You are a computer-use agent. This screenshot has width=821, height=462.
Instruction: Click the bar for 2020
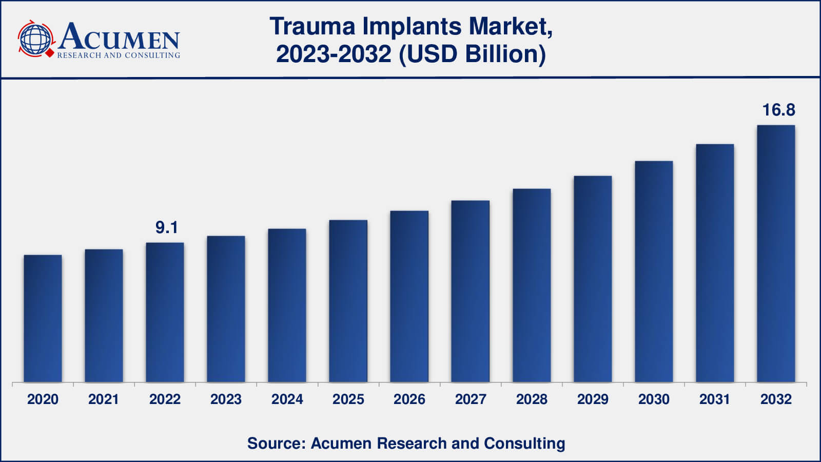pyautogui.click(x=43, y=319)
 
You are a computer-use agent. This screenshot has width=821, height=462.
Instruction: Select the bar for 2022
pyautogui.click(x=165, y=313)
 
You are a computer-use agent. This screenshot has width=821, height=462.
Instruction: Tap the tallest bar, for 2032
pyautogui.click(x=776, y=254)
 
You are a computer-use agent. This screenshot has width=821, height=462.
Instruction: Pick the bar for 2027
pyautogui.click(x=470, y=292)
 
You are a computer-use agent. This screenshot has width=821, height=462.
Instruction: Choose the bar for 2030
pyautogui.click(x=654, y=272)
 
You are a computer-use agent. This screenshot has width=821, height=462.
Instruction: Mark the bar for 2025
pyautogui.click(x=348, y=301)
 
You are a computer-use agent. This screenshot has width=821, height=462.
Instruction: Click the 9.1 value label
pyautogui.click(x=167, y=227)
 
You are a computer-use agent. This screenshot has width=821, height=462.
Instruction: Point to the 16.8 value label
pyautogui.click(x=779, y=110)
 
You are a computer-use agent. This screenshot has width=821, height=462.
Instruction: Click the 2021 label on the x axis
pyautogui.click(x=104, y=399)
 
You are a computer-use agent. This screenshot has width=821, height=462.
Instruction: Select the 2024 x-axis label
pyautogui.click(x=287, y=399)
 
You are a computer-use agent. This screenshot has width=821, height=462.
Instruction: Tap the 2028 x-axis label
pyautogui.click(x=532, y=399)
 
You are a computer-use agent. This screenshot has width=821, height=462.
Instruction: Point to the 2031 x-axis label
pyautogui.click(x=715, y=399)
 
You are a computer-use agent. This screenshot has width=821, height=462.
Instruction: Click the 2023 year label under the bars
pyautogui.click(x=226, y=399)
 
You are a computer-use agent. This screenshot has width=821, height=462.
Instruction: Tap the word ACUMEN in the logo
pyautogui.click(x=119, y=36)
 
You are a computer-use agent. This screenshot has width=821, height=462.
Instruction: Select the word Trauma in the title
pyautogui.click(x=312, y=26)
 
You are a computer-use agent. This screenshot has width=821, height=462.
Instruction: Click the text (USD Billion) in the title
pyautogui.click(x=473, y=54)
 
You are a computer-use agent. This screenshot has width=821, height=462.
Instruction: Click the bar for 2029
pyautogui.click(x=593, y=279)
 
